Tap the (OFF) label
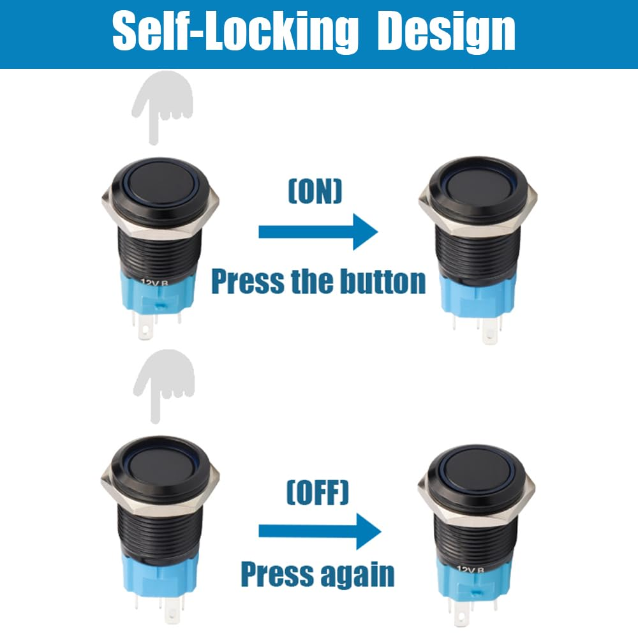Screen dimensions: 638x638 (x=317, y=492)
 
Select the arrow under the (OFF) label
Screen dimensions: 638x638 (x=319, y=531)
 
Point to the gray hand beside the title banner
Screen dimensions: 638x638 (x=162, y=105)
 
